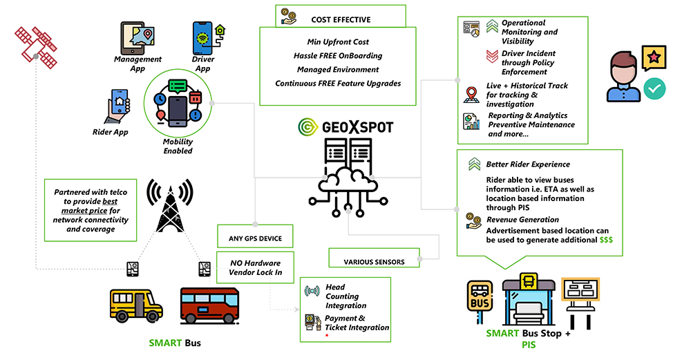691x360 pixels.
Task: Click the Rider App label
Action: pyautogui.click(x=110, y=132)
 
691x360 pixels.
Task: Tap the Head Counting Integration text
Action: pyautogui.click(x=346, y=296)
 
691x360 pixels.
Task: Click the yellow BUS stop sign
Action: pyautogui.click(x=480, y=298)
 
